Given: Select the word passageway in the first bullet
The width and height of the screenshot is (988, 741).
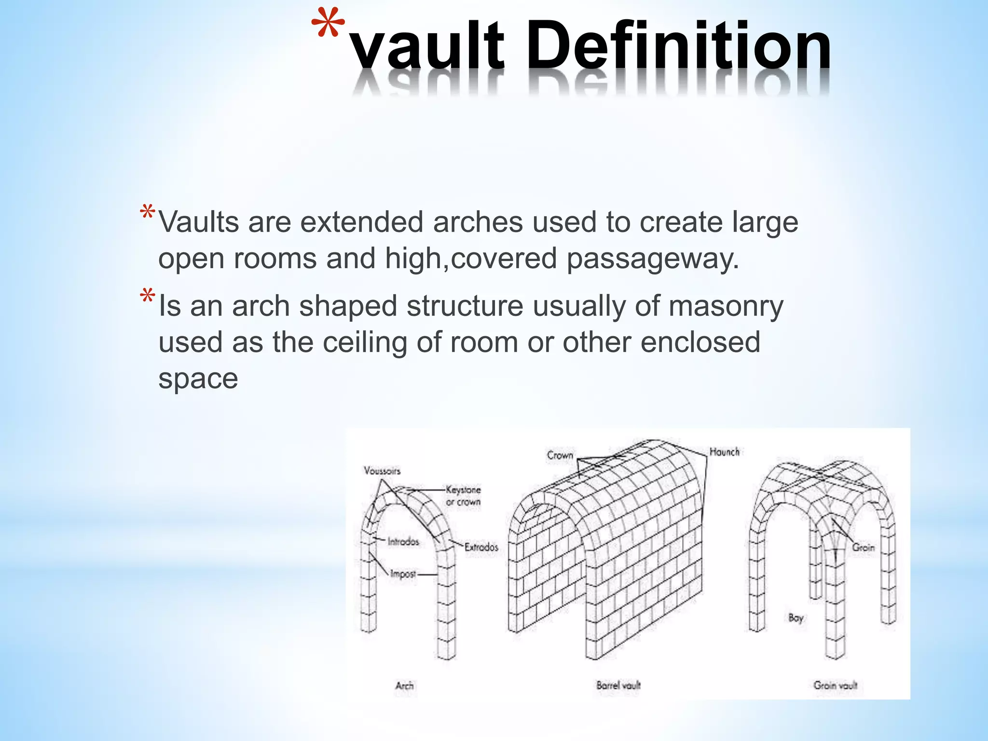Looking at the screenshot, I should pyautogui.click(x=652, y=259).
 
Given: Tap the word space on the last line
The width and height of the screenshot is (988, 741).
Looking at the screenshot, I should pyautogui.click(x=198, y=379).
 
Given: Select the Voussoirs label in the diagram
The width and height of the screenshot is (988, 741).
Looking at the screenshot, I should pyautogui.click(x=382, y=471).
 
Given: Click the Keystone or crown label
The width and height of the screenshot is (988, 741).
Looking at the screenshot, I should pyautogui.click(x=463, y=496).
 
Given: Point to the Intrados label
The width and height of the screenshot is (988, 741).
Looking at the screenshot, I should pyautogui.click(x=403, y=542).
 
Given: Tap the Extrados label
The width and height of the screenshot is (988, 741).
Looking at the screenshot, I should pyautogui.click(x=481, y=547).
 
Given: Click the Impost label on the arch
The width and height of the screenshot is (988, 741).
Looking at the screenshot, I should pyautogui.click(x=403, y=574).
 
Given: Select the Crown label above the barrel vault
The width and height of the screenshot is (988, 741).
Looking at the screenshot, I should pyautogui.click(x=560, y=455).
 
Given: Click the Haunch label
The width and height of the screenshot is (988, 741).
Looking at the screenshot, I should pyautogui.click(x=724, y=452).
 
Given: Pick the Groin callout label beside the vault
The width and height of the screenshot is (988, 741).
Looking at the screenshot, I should pyautogui.click(x=863, y=548).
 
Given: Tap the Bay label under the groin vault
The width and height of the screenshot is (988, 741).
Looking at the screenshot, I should pyautogui.click(x=796, y=617).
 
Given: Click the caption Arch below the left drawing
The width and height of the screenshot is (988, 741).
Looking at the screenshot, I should pyautogui.click(x=404, y=686).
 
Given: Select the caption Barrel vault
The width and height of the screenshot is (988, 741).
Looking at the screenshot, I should pyautogui.click(x=618, y=685).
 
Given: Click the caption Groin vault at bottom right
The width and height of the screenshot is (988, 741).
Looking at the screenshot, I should pyautogui.click(x=835, y=685).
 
